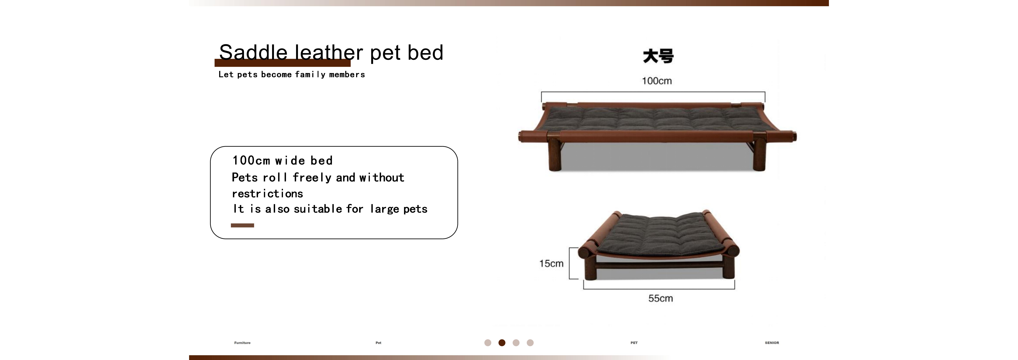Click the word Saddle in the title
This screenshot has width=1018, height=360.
point(253,53)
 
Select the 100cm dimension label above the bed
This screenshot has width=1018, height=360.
point(656,81)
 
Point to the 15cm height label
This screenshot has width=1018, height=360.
point(551,264)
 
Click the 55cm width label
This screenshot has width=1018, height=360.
point(660,298)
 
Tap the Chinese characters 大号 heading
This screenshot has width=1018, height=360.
point(658,56)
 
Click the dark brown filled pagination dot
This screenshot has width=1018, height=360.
point(502,343)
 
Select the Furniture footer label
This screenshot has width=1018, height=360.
point(242,343)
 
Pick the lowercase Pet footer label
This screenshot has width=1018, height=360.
point(378,343)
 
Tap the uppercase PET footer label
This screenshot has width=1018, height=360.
point(634,343)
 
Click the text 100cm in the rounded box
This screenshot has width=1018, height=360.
point(251,160)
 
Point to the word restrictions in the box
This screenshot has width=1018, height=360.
point(267,194)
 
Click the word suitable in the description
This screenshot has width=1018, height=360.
point(318,209)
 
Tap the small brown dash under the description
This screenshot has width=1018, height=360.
point(242,225)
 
